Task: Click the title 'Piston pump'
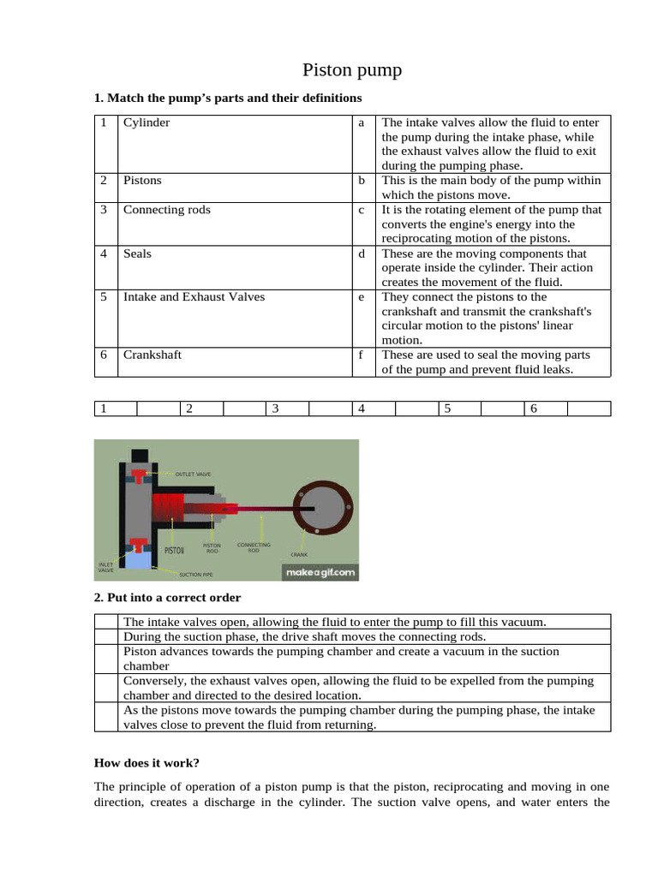tap(352, 70)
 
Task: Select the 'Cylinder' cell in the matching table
tap(147, 122)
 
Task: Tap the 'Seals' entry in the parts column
tap(137, 254)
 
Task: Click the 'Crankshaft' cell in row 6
tap(152, 355)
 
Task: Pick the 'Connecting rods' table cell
tap(166, 210)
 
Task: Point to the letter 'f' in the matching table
tap(361, 355)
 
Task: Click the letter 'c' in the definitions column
tap(361, 210)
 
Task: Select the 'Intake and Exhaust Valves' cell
tap(194, 297)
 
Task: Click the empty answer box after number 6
tap(589, 409)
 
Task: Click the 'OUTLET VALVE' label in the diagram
tap(193, 474)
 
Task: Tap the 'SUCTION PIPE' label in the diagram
tap(195, 575)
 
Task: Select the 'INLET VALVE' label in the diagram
tap(105, 567)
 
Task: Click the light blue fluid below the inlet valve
tap(135, 559)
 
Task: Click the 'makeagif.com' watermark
tap(320, 573)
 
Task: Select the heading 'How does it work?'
tap(147, 762)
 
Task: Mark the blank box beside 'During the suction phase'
tap(106, 637)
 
